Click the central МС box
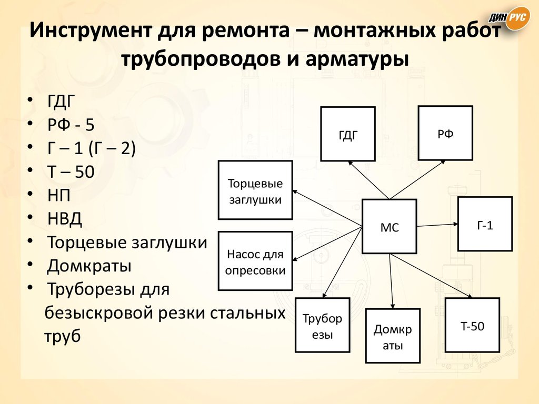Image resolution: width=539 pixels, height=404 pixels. pyautogui.click(x=390, y=227)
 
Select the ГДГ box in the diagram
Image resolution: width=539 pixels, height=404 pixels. pyautogui.click(x=348, y=134)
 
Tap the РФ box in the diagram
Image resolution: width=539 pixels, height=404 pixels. pyautogui.click(x=445, y=133)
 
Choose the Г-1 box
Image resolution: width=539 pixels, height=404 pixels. pyautogui.click(x=485, y=224)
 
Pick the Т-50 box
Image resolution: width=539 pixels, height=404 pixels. pyautogui.click(x=472, y=325)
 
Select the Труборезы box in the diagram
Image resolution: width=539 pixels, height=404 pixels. pyautogui.click(x=323, y=326)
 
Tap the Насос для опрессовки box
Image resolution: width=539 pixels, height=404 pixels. pyautogui.click(x=255, y=261)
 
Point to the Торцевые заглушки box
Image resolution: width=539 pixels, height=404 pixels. pyautogui.click(x=255, y=190)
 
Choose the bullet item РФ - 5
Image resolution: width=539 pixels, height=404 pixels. pyautogui.click(x=72, y=125)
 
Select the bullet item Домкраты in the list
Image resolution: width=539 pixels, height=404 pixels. pyautogui.click(x=89, y=266)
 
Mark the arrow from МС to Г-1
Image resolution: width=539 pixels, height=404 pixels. pyautogui.click(x=437, y=225)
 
